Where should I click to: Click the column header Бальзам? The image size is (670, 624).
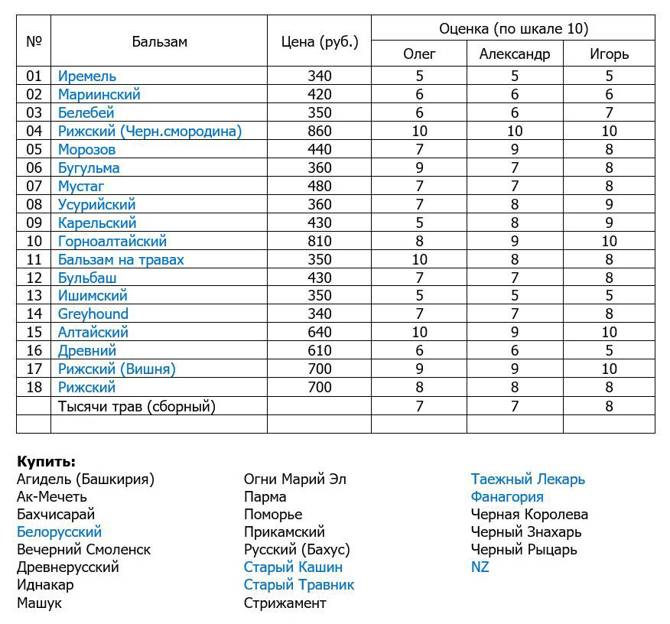tap(159, 41)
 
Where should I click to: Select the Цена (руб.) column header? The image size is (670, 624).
tap(319, 41)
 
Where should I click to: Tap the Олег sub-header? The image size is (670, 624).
tap(419, 54)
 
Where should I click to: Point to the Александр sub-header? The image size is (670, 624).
tap(514, 54)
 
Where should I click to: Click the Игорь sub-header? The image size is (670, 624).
tap(609, 54)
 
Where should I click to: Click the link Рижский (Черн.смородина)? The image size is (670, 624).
tap(150, 131)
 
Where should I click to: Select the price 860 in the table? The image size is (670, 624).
tap(319, 131)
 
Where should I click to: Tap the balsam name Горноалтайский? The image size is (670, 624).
tap(112, 241)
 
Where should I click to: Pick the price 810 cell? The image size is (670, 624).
tap(319, 241)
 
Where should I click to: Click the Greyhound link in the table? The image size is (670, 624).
tap(93, 314)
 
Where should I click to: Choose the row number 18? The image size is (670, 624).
tap(34, 387)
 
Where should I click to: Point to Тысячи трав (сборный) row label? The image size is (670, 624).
tap(137, 406)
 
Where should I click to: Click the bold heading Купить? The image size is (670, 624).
tap(46, 461)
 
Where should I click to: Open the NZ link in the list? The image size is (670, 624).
tap(480, 567)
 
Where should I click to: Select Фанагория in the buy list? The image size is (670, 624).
tap(507, 496)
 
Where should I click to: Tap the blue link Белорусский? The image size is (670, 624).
tap(59, 531)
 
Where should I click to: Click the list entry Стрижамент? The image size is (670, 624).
tap(285, 603)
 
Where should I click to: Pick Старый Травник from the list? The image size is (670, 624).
tap(299, 585)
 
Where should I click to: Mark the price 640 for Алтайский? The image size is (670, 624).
tap(319, 332)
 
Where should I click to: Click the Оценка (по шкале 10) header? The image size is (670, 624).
tap(513, 29)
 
